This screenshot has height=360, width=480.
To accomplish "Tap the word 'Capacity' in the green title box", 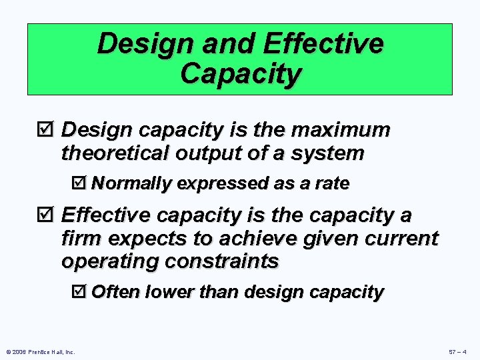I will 240,74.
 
